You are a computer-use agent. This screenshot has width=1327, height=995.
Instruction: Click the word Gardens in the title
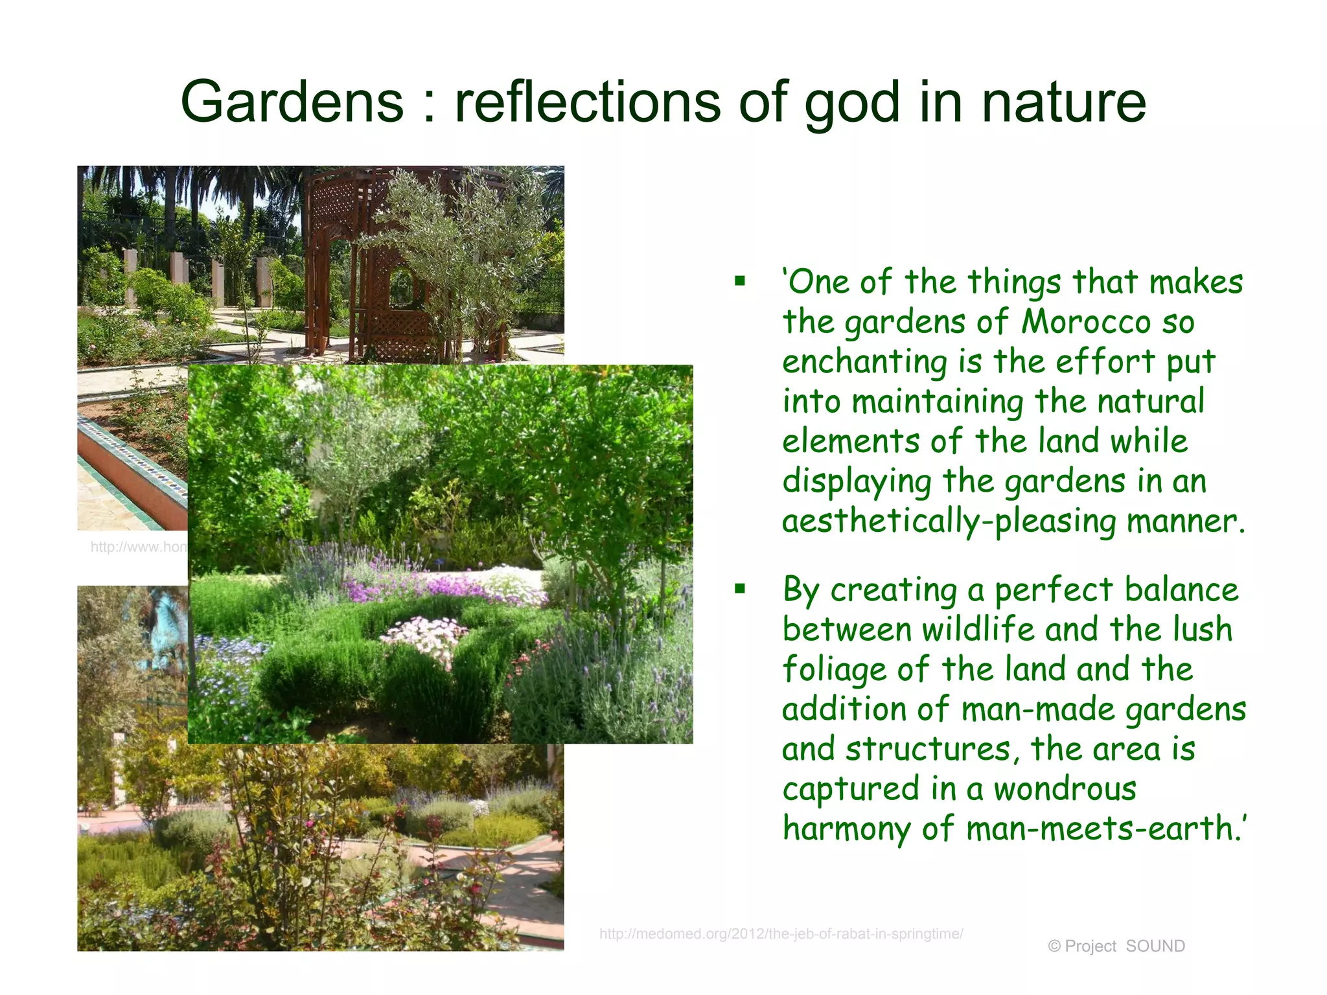click(x=292, y=102)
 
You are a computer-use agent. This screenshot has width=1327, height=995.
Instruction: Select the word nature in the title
click(x=1063, y=102)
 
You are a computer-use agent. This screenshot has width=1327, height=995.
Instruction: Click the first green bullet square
click(x=740, y=282)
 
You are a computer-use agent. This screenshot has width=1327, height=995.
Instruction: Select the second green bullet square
click(x=740, y=589)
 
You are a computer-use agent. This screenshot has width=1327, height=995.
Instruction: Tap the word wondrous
click(x=1065, y=789)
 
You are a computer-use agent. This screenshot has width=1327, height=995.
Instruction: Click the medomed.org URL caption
click(x=781, y=933)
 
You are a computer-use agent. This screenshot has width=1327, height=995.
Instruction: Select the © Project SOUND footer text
click(x=1116, y=946)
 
